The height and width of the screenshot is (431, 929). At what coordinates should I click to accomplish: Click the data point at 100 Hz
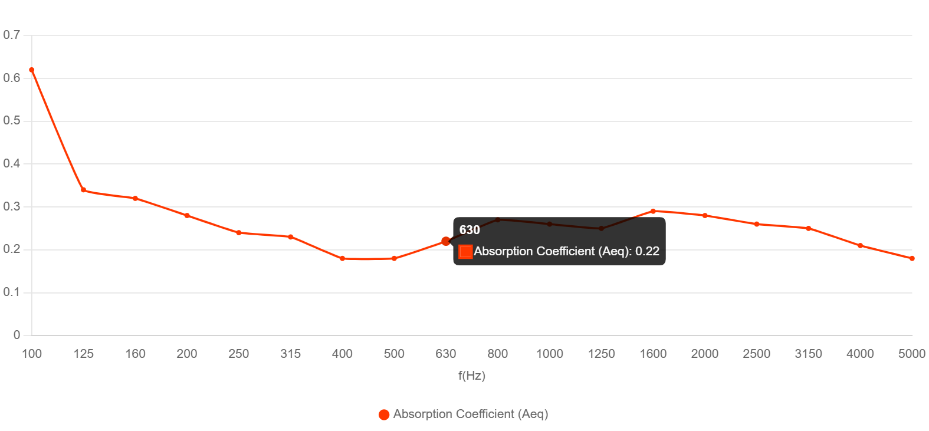[32, 70]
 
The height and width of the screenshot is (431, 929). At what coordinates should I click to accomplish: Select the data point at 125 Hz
[84, 190]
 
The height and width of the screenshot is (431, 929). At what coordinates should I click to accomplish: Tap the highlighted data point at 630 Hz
[446, 241]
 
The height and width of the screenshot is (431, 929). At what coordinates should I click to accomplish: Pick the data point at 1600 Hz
[653, 211]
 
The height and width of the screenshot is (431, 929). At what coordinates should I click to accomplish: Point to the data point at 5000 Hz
[912, 258]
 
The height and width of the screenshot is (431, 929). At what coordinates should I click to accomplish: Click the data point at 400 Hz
[342, 258]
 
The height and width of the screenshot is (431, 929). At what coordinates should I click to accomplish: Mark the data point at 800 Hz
[498, 220]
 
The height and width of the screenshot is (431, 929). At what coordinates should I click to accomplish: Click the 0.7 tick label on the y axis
[12, 35]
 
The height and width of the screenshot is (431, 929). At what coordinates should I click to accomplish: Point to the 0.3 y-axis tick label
[12, 206]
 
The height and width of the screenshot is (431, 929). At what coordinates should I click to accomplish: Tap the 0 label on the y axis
[17, 335]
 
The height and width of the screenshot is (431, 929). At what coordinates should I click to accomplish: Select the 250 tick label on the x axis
[239, 354]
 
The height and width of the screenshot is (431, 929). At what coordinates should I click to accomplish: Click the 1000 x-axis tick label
[550, 354]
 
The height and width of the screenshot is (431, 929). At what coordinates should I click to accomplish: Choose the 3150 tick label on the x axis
[808, 354]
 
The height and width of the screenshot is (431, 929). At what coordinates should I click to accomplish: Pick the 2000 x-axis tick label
[705, 354]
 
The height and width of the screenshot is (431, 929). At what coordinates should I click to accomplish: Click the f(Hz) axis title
[472, 376]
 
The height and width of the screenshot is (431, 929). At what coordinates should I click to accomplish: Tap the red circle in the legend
[384, 414]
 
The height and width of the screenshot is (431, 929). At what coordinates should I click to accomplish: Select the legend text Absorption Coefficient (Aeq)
[471, 414]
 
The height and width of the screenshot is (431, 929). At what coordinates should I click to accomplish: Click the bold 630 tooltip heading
[470, 230]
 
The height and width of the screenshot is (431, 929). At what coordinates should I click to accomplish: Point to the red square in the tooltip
[465, 252]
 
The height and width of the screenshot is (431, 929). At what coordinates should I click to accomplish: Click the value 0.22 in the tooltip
[647, 251]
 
